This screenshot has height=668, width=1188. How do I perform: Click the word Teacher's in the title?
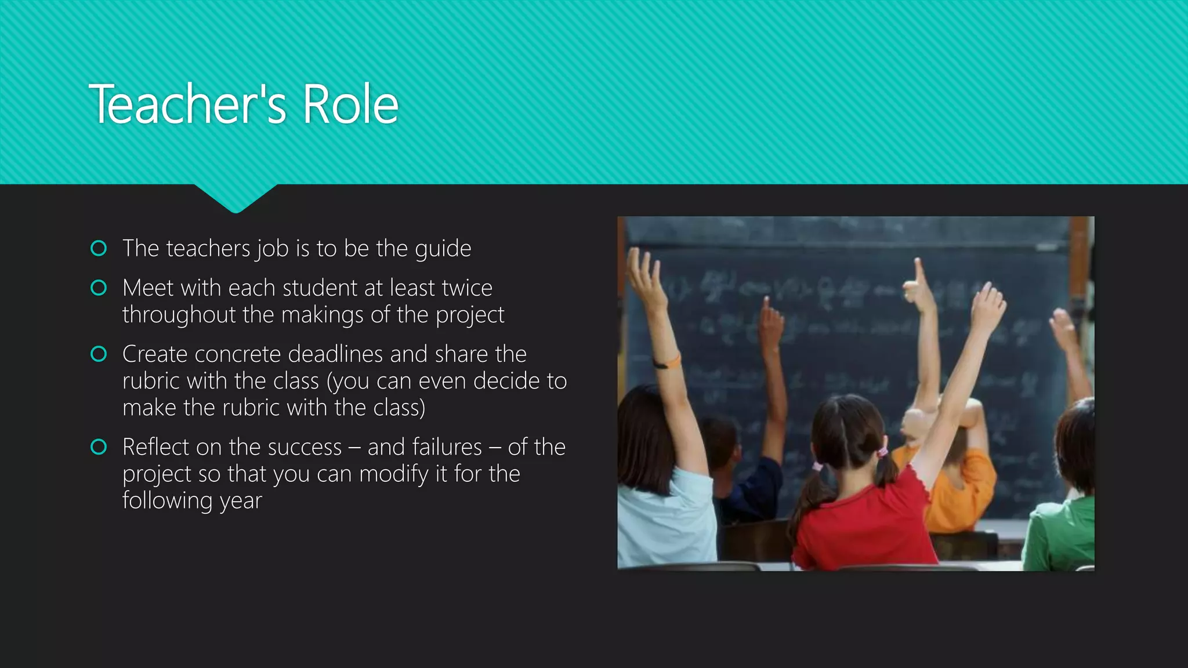tap(187, 104)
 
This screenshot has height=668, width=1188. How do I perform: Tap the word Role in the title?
tap(350, 104)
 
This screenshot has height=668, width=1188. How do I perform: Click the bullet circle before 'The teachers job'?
tap(99, 249)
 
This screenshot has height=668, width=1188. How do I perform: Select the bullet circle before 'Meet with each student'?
tap(99, 288)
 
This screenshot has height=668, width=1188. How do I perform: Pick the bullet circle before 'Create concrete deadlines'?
tap(99, 354)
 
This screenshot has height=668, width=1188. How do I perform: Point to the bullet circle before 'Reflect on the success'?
tap(99, 447)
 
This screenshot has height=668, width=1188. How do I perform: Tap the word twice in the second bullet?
tap(466, 288)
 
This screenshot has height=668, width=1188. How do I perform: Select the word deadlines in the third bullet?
tap(336, 354)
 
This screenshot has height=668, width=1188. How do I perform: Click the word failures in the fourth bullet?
tap(425, 447)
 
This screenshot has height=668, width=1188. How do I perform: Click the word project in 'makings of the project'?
tap(470, 315)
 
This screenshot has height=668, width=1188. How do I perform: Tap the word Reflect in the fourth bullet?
tap(155, 447)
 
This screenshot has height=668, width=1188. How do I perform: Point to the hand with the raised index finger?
tap(918, 284)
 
